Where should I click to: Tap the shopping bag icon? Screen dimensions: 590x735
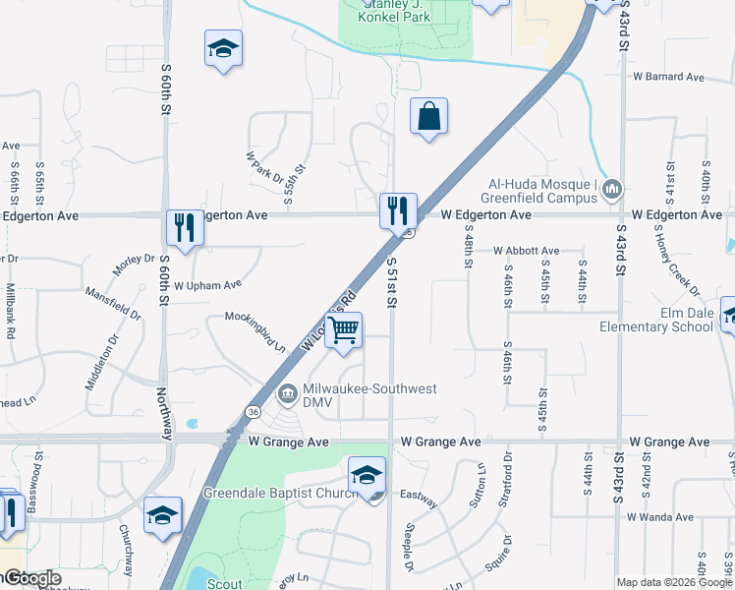(428, 117)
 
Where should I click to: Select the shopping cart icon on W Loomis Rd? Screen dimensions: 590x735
(344, 331)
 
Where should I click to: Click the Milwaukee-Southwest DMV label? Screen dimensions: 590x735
(368, 389)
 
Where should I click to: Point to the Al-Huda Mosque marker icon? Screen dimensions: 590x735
(613, 189)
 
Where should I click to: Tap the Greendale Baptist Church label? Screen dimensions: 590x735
(278, 492)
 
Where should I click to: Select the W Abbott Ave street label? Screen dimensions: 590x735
(526, 252)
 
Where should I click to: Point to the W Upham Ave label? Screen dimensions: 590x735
(207, 285)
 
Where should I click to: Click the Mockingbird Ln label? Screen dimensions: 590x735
(254, 332)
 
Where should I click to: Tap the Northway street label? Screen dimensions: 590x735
(164, 414)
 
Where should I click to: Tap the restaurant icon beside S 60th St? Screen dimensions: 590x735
(184, 228)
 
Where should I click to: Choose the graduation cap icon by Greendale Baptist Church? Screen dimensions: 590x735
(367, 474)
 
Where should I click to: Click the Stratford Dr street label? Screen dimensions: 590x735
(507, 486)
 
